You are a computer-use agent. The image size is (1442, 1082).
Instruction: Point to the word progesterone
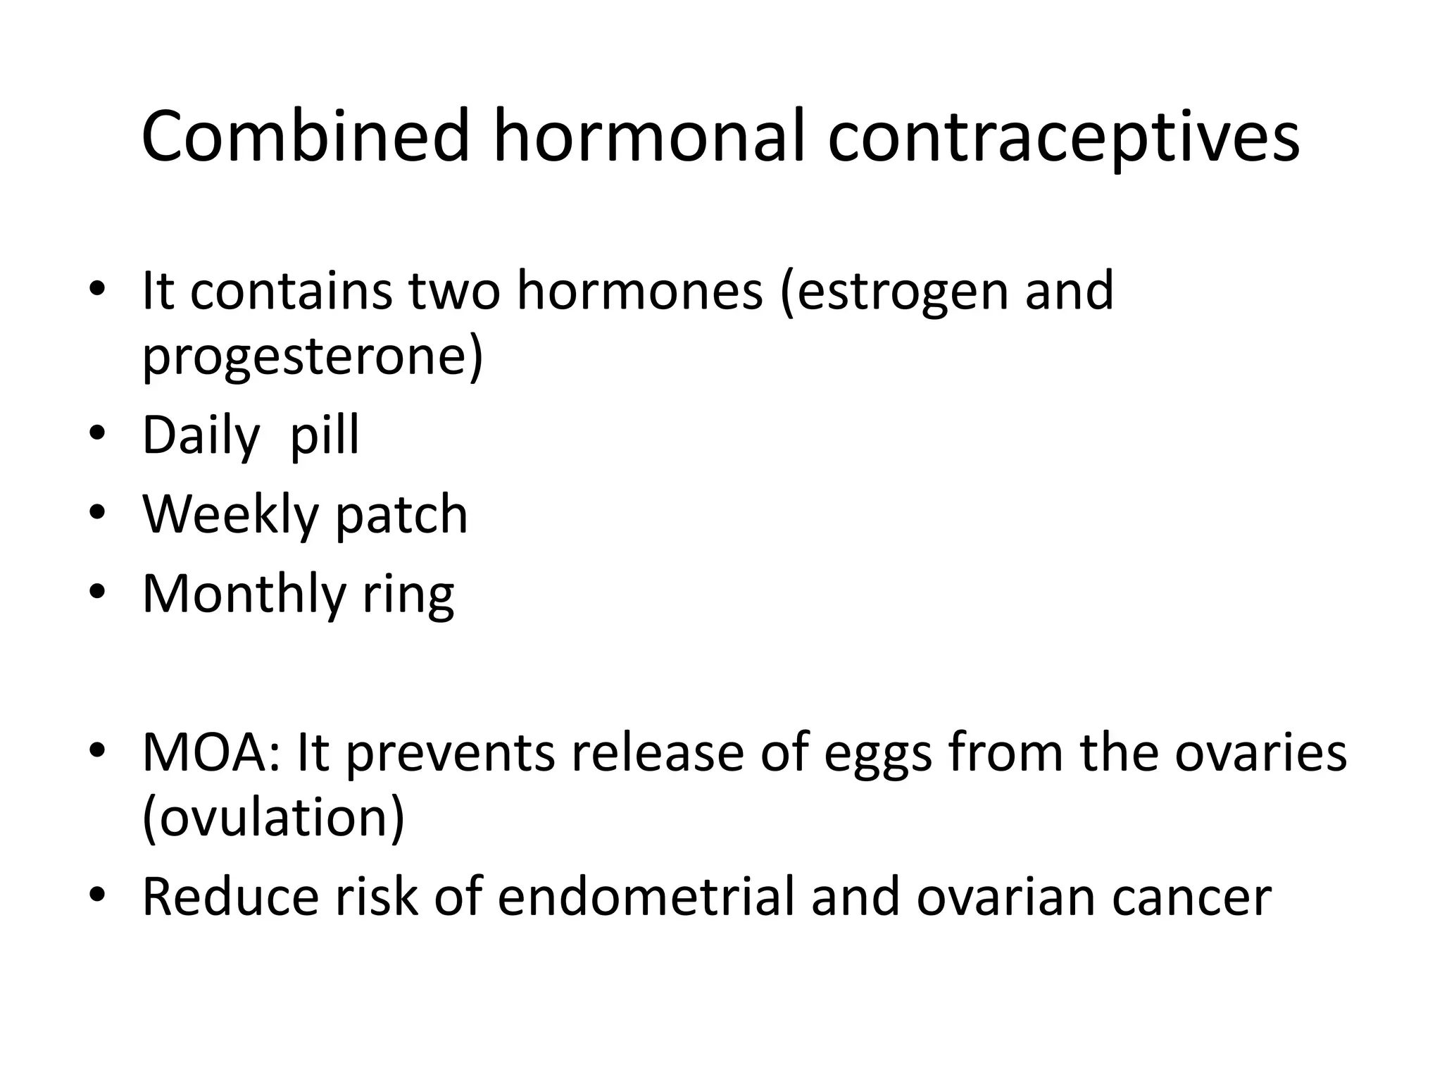click(x=312, y=358)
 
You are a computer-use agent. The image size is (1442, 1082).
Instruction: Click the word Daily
click(x=201, y=437)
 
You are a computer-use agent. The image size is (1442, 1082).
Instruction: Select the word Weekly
click(x=230, y=516)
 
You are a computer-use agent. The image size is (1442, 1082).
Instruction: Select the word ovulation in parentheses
click(x=274, y=819)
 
